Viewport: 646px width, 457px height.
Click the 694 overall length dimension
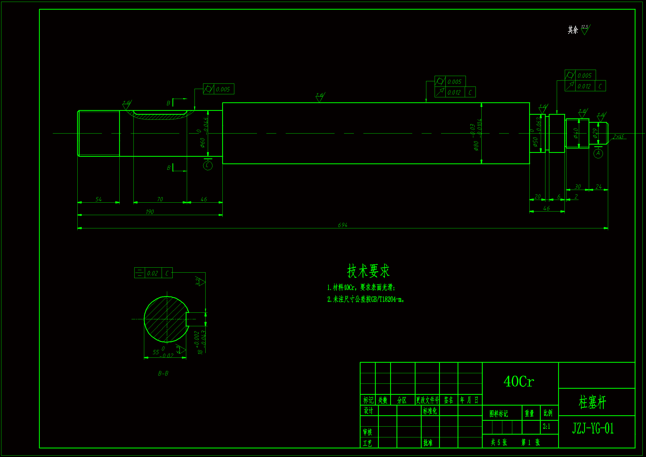342,225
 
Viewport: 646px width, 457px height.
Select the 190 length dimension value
150,212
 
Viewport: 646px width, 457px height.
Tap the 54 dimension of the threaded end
98,199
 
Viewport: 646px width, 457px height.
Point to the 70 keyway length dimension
160,199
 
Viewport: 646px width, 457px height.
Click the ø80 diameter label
476,146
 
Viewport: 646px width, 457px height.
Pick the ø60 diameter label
203,142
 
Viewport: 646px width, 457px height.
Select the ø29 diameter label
595,133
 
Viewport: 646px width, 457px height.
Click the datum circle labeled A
598,153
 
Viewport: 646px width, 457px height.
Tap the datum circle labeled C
208,165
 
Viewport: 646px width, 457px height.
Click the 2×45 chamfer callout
618,137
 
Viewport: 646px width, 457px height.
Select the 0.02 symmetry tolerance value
153,273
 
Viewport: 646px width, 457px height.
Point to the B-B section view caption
163,374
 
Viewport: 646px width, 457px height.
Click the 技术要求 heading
368,271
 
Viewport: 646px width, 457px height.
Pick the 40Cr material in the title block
519,382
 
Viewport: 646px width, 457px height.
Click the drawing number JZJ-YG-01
593,428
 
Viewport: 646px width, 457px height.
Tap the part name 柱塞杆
592,402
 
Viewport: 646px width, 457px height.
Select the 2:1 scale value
547,427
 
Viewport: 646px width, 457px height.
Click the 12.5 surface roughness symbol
585,29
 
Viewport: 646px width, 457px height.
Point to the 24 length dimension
598,187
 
